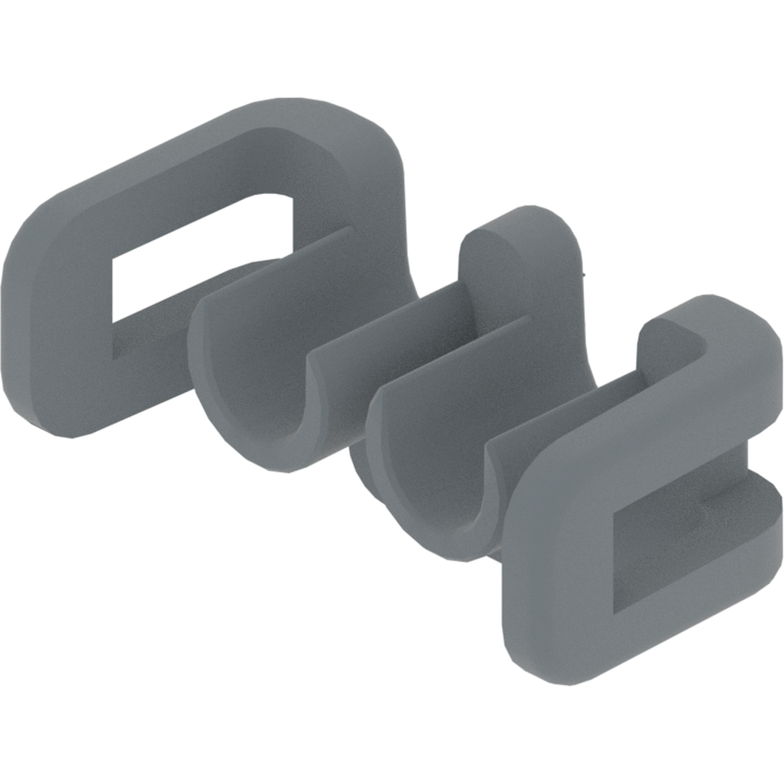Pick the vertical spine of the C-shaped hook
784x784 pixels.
561,568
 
